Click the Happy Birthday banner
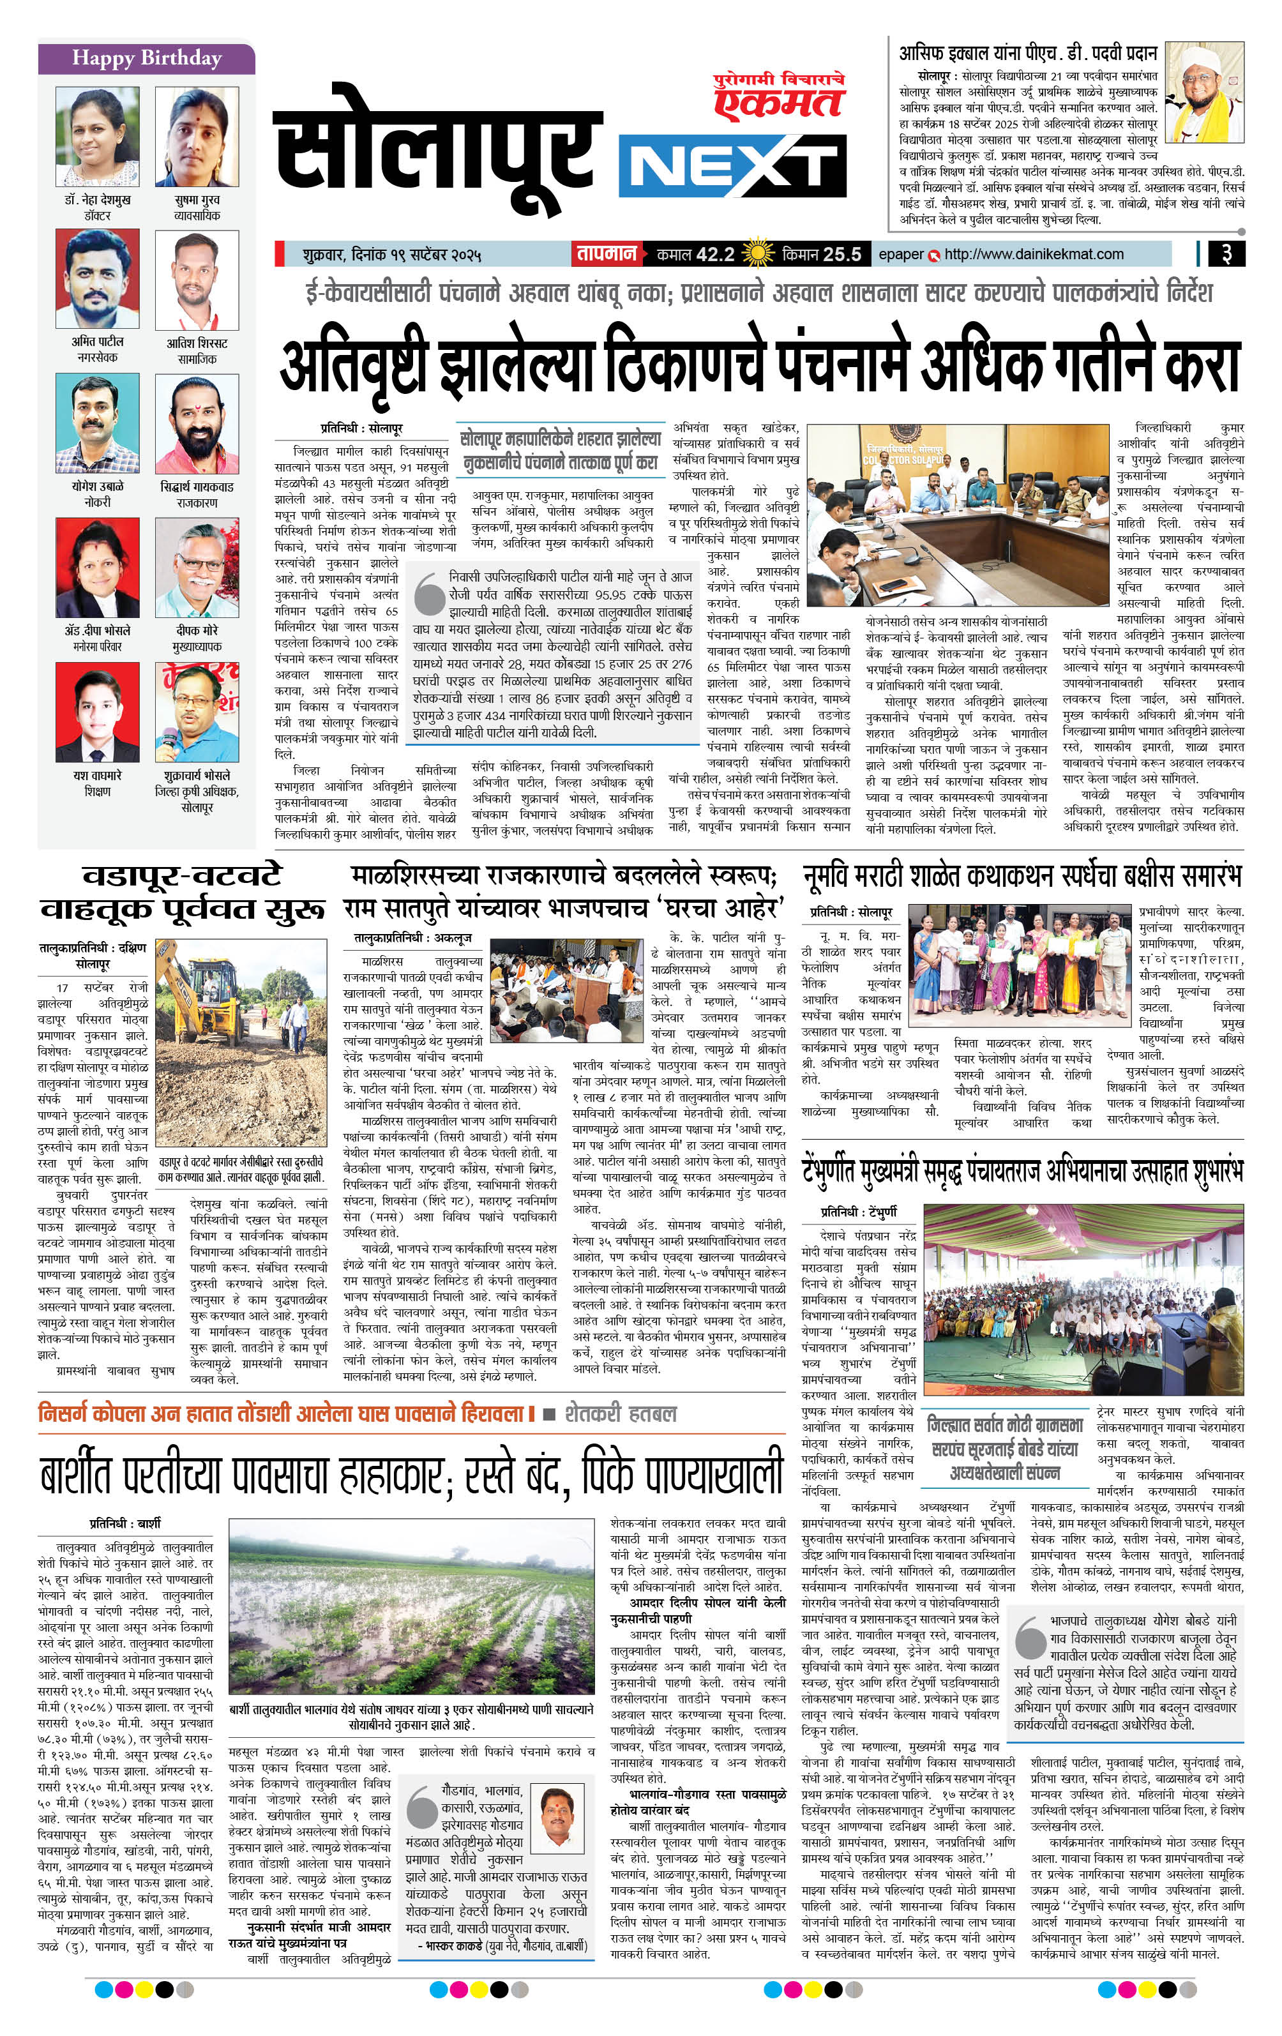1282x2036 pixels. click(146, 58)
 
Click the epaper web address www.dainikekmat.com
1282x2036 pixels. click(1034, 253)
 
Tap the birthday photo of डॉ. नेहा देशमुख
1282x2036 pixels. click(97, 135)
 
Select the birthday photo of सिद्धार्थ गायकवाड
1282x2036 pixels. click(197, 425)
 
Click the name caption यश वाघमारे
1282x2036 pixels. click(97, 775)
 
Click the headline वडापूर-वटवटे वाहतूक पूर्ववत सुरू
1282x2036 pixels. click(182, 893)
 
